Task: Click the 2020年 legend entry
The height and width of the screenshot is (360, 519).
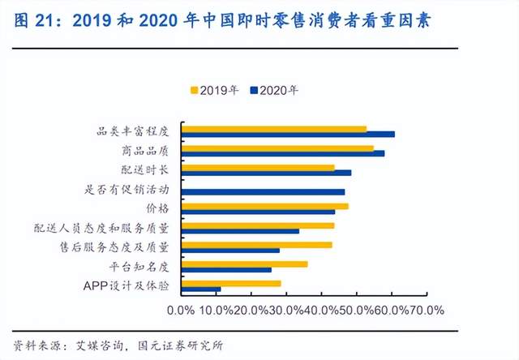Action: pyautogui.click(x=277, y=89)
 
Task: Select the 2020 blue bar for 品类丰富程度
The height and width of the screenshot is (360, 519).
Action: pyautogui.click(x=288, y=134)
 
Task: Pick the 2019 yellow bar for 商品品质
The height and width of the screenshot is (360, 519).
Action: pyautogui.click(x=277, y=148)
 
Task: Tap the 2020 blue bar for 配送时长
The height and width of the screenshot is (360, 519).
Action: pyautogui.click(x=267, y=173)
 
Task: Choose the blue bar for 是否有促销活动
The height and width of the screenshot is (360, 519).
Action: pyautogui.click(x=264, y=192)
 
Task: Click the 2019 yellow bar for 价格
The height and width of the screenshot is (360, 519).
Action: pyautogui.click(x=265, y=206)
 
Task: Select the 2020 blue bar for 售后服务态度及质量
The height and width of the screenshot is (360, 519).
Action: pyautogui.click(x=231, y=251)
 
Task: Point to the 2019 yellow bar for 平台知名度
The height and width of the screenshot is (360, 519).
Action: pyautogui.click(x=244, y=264)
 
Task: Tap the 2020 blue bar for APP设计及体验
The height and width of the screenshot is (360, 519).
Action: pyautogui.click(x=201, y=289)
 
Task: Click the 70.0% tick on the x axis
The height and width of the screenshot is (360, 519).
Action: pyautogui.click(x=427, y=311)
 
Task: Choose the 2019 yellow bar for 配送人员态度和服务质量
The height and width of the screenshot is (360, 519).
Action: pyautogui.click(x=258, y=225)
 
